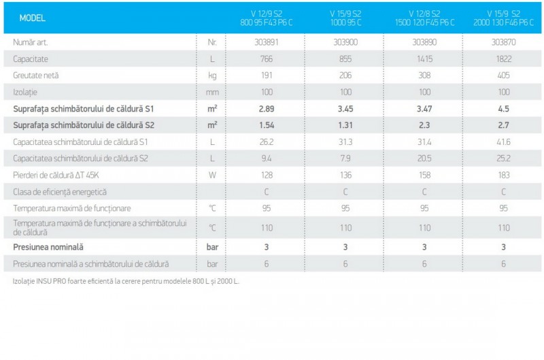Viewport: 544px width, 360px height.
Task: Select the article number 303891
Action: click(x=267, y=42)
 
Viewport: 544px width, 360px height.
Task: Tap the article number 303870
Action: click(x=503, y=42)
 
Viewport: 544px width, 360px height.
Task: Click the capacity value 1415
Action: click(x=424, y=59)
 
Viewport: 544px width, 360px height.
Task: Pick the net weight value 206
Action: click(x=345, y=76)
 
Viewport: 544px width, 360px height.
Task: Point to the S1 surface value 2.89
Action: click(x=267, y=108)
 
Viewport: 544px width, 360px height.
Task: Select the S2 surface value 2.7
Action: click(x=503, y=125)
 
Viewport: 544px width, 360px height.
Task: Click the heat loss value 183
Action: click(x=503, y=175)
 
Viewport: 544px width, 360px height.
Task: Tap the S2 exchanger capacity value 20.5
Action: click(x=424, y=159)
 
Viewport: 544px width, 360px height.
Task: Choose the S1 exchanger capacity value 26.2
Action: click(x=267, y=142)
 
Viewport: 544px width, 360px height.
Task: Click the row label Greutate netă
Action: click(x=36, y=76)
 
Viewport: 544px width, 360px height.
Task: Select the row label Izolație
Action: click(x=27, y=92)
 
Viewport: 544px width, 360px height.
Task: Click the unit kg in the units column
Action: click(x=212, y=76)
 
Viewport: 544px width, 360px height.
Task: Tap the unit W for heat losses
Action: click(x=212, y=175)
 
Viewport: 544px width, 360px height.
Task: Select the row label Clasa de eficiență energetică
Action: click(x=60, y=192)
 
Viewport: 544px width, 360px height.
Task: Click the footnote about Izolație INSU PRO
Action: click(x=126, y=281)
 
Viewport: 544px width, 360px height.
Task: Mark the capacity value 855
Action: click(x=345, y=59)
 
